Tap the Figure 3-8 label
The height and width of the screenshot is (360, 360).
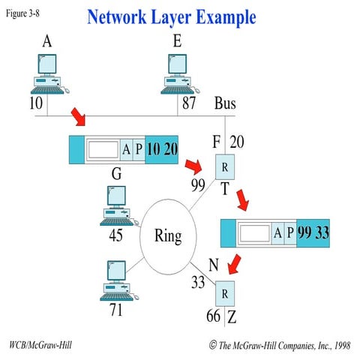pos(24,15)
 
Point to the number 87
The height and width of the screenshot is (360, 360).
pos(187,103)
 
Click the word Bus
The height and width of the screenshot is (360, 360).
pos(225,103)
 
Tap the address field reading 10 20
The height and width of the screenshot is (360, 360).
pos(162,148)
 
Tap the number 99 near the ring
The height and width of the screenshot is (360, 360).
pos(198,184)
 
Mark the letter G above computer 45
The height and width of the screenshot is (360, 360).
pos(116,174)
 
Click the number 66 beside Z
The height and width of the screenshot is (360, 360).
pos(213,316)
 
